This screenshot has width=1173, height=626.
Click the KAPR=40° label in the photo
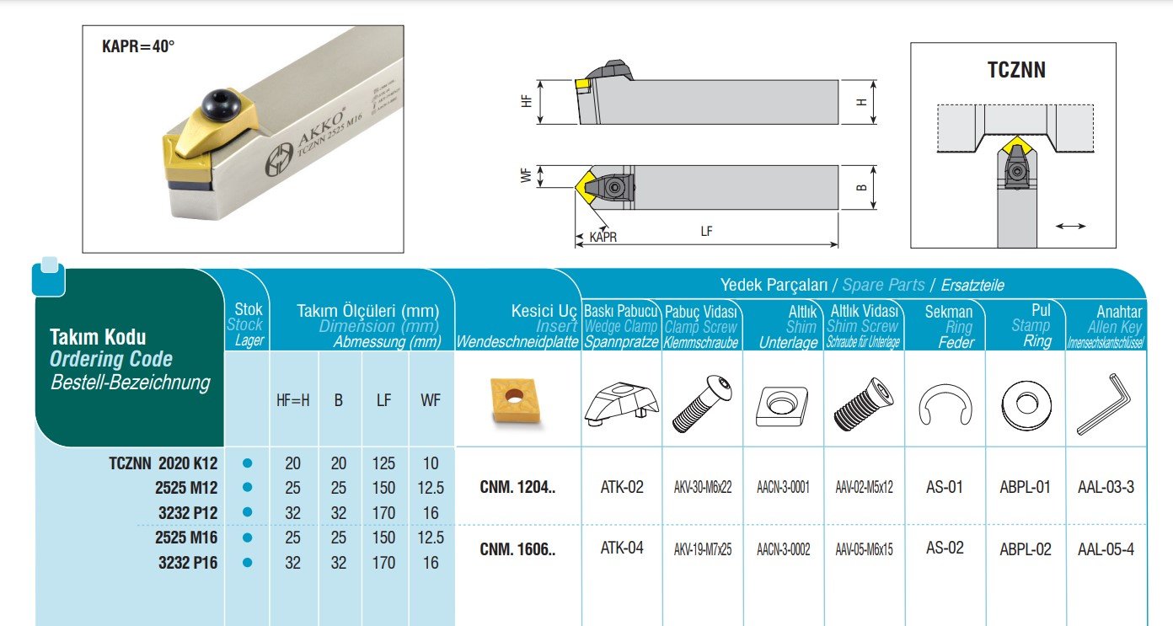[x=138, y=46]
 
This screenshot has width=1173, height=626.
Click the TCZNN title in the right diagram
[x=1016, y=70]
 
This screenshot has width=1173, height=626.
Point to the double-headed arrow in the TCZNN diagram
[x=1070, y=226]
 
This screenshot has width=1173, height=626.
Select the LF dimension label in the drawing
[x=706, y=232]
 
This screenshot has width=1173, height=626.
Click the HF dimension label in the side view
[x=527, y=101]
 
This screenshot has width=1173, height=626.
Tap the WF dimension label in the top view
[x=527, y=175]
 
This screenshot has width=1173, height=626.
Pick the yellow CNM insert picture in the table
[x=514, y=400]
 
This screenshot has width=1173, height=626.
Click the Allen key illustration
[x=1104, y=404]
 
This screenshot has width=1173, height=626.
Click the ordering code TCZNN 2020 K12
[x=163, y=463]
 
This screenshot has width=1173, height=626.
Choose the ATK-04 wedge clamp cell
[x=622, y=548]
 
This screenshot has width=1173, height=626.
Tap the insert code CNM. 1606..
[x=517, y=549]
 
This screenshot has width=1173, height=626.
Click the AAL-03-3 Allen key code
[x=1106, y=487]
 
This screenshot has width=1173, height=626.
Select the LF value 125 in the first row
[x=384, y=463]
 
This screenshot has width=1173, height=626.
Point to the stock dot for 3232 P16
[x=248, y=563]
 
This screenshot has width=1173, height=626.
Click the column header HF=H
[x=292, y=400]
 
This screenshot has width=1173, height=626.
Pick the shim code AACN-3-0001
[x=783, y=487]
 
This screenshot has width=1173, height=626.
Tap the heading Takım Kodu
[x=98, y=336]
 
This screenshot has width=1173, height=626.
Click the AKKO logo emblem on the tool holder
[x=279, y=159]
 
